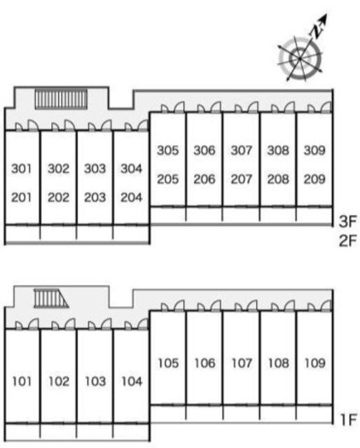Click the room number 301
click(22, 168)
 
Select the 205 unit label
click(168, 179)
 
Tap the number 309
click(314, 150)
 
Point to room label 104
click(132, 381)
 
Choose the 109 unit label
click(314, 363)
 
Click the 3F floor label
click(347, 221)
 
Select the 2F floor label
click(347, 240)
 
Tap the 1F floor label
click(349, 419)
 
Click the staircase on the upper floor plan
click(61, 99)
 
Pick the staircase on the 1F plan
click(50, 298)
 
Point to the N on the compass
click(317, 31)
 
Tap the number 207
click(242, 179)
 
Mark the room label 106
click(205, 363)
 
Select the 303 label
click(95, 168)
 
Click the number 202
click(58, 197)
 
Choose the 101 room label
click(22, 381)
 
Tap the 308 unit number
click(278, 150)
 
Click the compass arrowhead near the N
click(324, 19)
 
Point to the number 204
click(131, 197)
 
